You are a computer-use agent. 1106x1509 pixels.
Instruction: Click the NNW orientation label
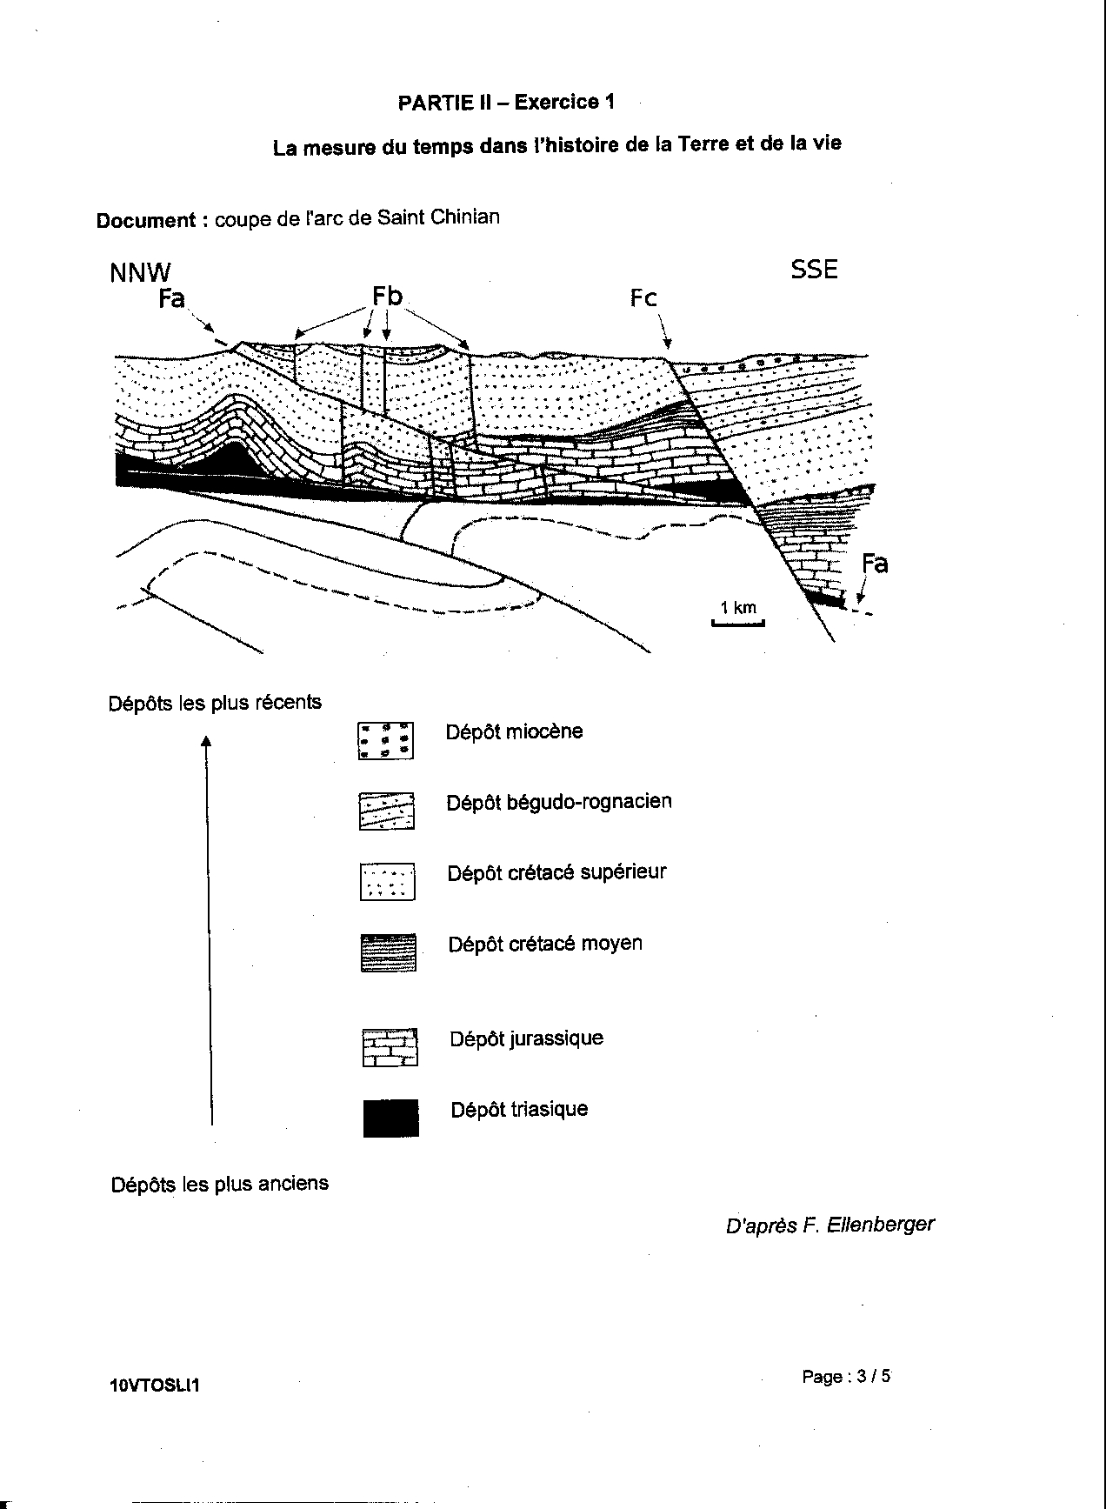tap(140, 272)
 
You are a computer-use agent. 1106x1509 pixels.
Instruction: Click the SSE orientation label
tap(814, 270)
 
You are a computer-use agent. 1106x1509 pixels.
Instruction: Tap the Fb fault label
tap(387, 297)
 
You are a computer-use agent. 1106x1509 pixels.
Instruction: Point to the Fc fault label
tap(643, 298)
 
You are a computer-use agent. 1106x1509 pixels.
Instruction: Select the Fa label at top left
tap(171, 299)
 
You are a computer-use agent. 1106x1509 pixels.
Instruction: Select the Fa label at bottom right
tap(875, 564)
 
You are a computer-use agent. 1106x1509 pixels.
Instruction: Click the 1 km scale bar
tap(738, 622)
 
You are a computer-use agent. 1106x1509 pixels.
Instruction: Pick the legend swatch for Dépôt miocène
tap(386, 740)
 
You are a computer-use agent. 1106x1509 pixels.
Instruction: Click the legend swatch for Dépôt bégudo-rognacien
tap(387, 811)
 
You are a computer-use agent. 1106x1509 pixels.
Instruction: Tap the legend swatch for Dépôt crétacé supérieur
tap(388, 881)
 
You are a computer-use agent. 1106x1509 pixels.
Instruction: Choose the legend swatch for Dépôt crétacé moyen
tap(389, 952)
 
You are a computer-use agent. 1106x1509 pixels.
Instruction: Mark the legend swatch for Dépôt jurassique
tap(390, 1047)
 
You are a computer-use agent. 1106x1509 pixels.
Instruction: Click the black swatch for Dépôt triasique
tap(390, 1118)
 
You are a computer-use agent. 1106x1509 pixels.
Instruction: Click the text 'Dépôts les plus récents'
tap(215, 702)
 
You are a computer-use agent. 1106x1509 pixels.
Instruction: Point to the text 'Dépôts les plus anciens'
tap(220, 1184)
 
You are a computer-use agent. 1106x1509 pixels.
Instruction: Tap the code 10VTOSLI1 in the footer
tap(155, 1385)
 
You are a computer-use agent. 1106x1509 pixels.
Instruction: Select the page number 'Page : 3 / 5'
tap(846, 1377)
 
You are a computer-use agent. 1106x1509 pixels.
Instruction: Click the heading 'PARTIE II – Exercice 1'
tap(506, 103)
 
